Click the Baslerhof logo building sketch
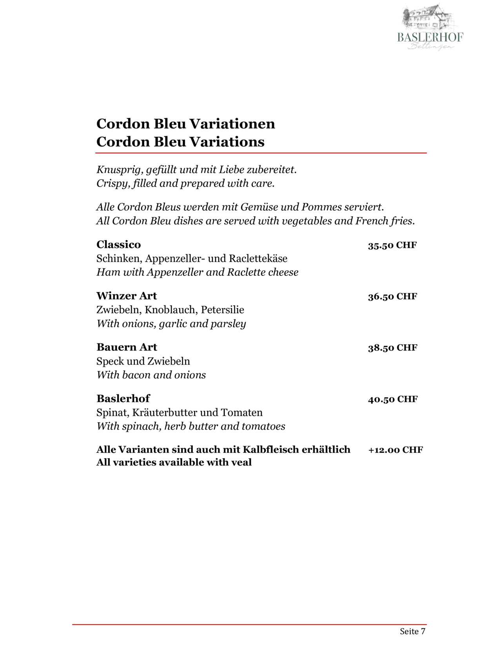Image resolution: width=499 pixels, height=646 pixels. coord(428,18)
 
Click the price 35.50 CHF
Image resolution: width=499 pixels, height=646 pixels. coord(392,245)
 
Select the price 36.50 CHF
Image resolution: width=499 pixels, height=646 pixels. coord(392,296)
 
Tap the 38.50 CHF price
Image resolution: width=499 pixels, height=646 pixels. coord(392,348)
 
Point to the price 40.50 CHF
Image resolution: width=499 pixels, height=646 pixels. coord(393,399)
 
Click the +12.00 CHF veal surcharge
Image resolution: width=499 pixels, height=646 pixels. coord(396,450)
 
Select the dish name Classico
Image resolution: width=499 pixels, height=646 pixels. coord(118,245)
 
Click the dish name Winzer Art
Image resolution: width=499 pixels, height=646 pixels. coord(127,296)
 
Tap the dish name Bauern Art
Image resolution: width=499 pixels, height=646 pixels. coord(127,347)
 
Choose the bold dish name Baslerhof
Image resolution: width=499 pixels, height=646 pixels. coord(123,399)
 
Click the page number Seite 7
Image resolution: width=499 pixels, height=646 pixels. coord(412,631)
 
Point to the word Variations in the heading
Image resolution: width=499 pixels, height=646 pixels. coord(227,142)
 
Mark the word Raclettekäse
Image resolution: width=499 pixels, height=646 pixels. coord(258,259)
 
